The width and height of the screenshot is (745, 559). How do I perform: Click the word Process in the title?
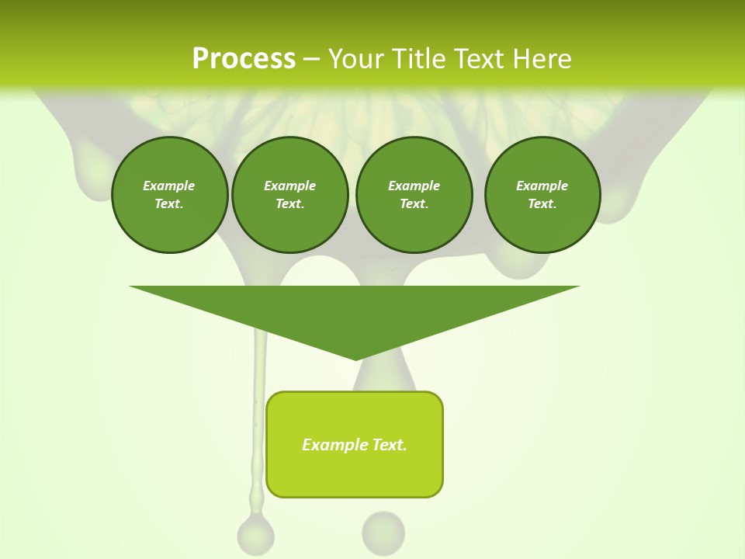point(244,59)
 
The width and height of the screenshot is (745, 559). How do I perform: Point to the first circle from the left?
point(169,195)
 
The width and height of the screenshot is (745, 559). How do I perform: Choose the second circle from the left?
point(290,195)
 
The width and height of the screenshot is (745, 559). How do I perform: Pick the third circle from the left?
point(414,195)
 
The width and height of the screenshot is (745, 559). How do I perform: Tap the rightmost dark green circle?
point(542,195)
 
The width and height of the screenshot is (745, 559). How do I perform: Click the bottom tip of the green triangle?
point(355,359)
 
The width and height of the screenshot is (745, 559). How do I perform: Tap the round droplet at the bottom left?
point(255,535)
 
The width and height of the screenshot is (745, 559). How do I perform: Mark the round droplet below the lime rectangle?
point(383,532)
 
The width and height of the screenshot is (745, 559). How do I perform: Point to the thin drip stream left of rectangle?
point(258,419)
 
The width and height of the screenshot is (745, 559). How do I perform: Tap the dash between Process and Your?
point(311,59)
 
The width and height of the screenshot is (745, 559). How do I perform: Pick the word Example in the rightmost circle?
point(542,186)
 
